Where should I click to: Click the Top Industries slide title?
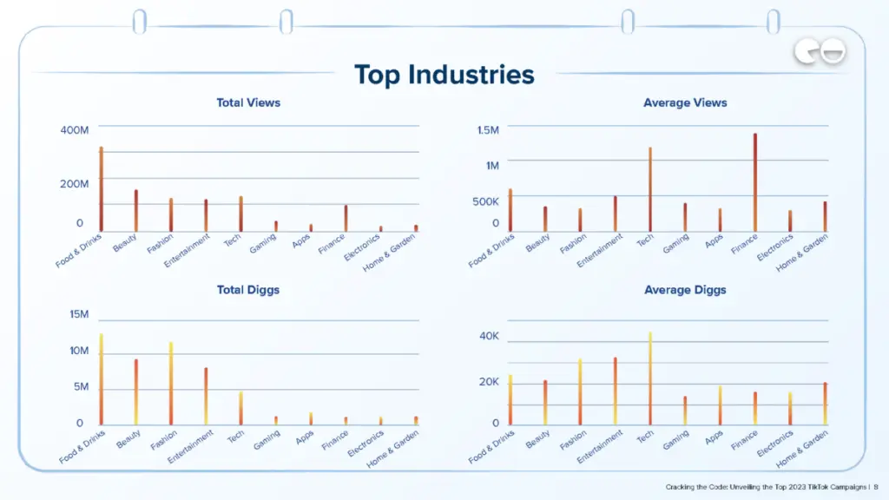(x=444, y=75)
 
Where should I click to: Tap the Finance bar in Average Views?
(x=755, y=182)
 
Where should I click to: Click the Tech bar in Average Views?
(x=649, y=189)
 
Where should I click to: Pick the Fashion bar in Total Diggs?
(x=171, y=383)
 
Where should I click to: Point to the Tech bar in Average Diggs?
(x=649, y=378)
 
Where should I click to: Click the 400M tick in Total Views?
(x=74, y=129)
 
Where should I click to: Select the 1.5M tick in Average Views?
(x=488, y=129)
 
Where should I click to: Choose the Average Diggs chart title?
(x=685, y=290)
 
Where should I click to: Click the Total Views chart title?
(x=248, y=102)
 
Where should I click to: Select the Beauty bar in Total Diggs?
(x=136, y=391)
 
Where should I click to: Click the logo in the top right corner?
(x=820, y=53)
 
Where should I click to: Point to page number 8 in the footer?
(x=876, y=487)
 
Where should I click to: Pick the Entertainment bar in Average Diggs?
(x=615, y=391)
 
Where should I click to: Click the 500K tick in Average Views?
(x=485, y=201)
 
